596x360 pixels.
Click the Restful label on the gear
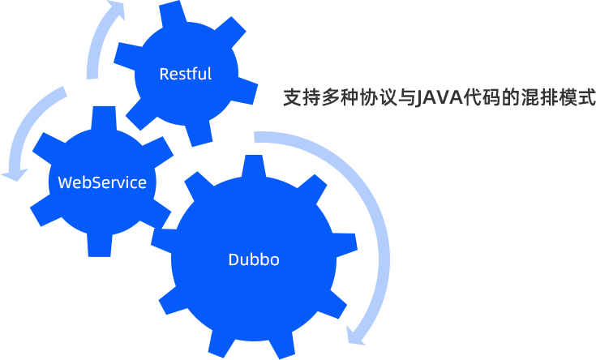pyautogui.click(x=185, y=74)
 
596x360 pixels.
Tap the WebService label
pyautogui.click(x=102, y=182)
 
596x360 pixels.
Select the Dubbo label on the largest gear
pyautogui.click(x=254, y=259)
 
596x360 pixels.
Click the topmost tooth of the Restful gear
pyautogui.click(x=173, y=13)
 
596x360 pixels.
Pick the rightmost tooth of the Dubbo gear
pyautogui.click(x=346, y=244)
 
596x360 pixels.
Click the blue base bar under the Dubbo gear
pyautogui.click(x=254, y=353)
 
